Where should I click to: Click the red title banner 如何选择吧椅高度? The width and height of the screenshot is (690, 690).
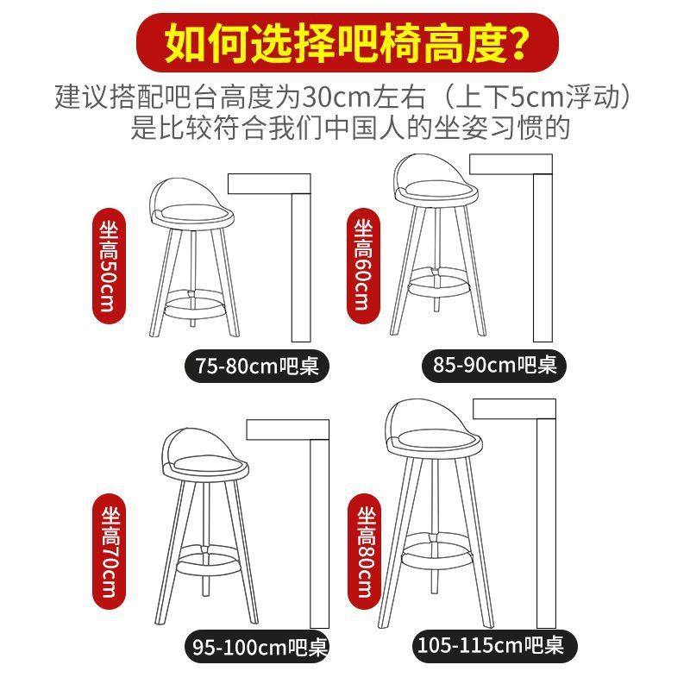pyautogui.click(x=345, y=42)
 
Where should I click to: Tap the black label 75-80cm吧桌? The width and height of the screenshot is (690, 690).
pyautogui.click(x=257, y=367)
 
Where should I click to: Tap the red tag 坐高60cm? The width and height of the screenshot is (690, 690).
pyautogui.click(x=362, y=265)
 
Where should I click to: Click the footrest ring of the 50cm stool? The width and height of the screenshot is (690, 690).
pyautogui.click(x=193, y=304)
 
